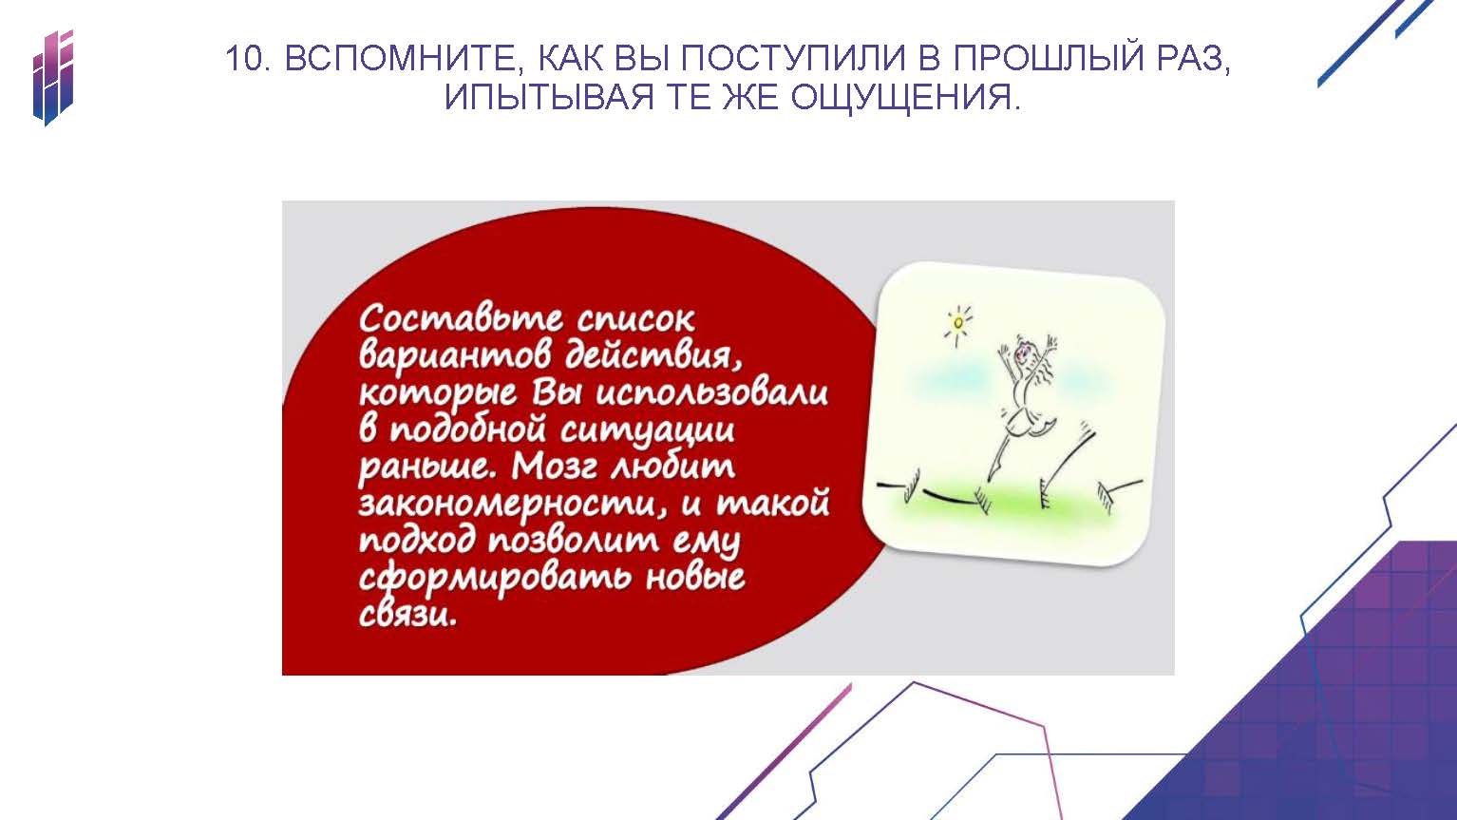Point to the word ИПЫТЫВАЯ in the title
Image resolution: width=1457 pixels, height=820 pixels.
549,97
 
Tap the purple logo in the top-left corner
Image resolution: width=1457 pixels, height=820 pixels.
52,77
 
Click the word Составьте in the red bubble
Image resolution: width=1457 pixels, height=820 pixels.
461,318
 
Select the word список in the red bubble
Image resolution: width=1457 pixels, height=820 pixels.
636,319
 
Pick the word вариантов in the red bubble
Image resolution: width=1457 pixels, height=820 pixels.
455,356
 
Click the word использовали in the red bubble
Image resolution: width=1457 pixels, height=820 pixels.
712,393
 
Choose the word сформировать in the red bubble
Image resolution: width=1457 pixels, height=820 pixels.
494,579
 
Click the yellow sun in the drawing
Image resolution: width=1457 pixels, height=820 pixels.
958,322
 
